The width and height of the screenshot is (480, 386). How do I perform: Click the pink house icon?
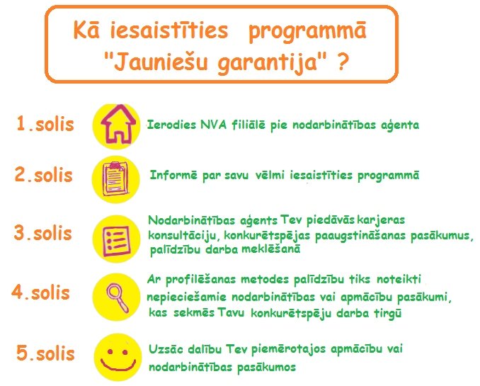118,125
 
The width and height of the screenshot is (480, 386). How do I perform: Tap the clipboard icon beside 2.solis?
115,179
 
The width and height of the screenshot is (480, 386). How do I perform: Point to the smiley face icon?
118,358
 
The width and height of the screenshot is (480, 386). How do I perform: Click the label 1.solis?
45,124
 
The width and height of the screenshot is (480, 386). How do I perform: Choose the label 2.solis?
44,175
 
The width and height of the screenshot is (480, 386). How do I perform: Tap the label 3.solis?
43,233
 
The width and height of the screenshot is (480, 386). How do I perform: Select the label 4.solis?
41,293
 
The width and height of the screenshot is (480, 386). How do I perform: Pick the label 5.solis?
45,353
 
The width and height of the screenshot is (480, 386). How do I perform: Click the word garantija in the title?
267,63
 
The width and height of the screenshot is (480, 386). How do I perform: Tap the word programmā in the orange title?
307,32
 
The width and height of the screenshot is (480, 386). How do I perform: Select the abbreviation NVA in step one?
213,125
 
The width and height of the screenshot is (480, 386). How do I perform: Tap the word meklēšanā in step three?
270,249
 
